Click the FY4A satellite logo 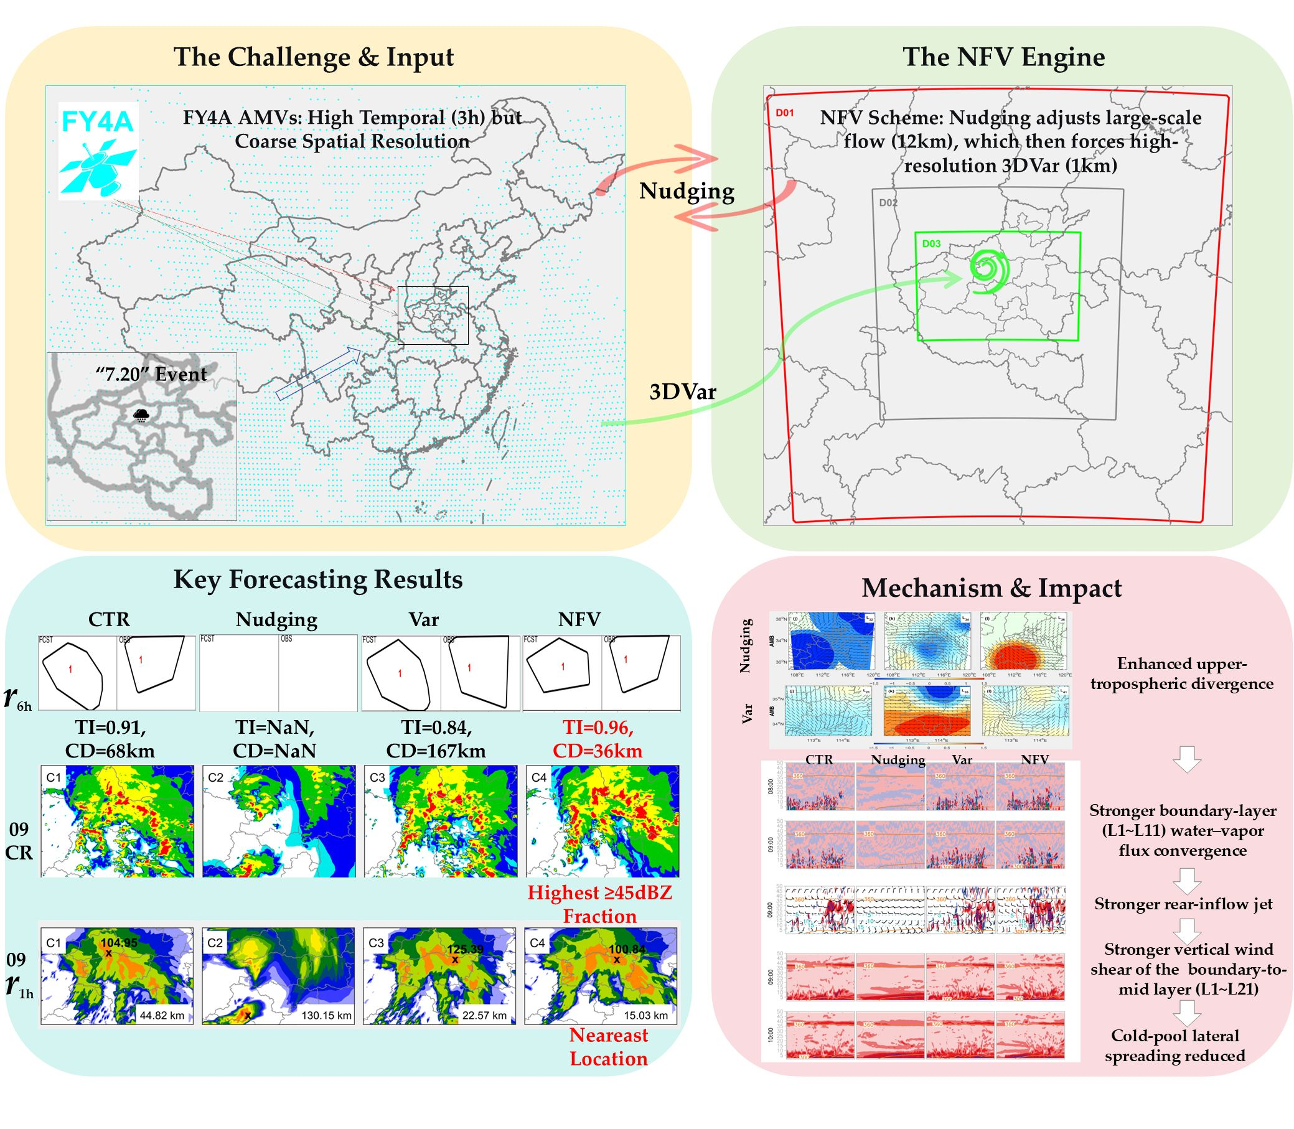click(98, 151)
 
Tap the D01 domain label click(784, 113)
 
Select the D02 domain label click(888, 203)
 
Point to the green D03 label click(931, 244)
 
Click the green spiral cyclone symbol click(989, 271)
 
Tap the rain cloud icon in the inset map click(142, 415)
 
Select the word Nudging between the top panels click(687, 191)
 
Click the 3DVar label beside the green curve click(683, 392)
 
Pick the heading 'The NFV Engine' click(1003, 57)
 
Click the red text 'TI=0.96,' click(598, 728)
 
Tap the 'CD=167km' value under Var click(436, 751)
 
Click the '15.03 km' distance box click(645, 1015)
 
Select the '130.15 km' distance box click(326, 1015)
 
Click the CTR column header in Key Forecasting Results click(109, 619)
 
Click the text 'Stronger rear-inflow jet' click(1183, 904)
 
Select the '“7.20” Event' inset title click(151, 374)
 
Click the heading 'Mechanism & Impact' click(992, 588)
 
